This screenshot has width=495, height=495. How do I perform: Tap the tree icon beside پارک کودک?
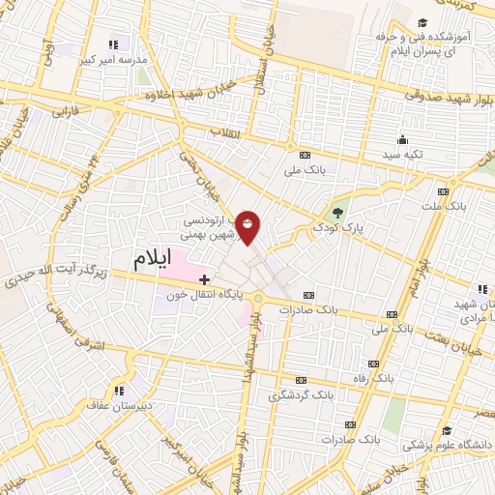point(336,214)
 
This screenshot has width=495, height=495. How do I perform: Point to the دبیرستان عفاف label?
point(113,406)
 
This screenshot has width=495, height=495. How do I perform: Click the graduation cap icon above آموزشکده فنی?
point(422,22)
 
